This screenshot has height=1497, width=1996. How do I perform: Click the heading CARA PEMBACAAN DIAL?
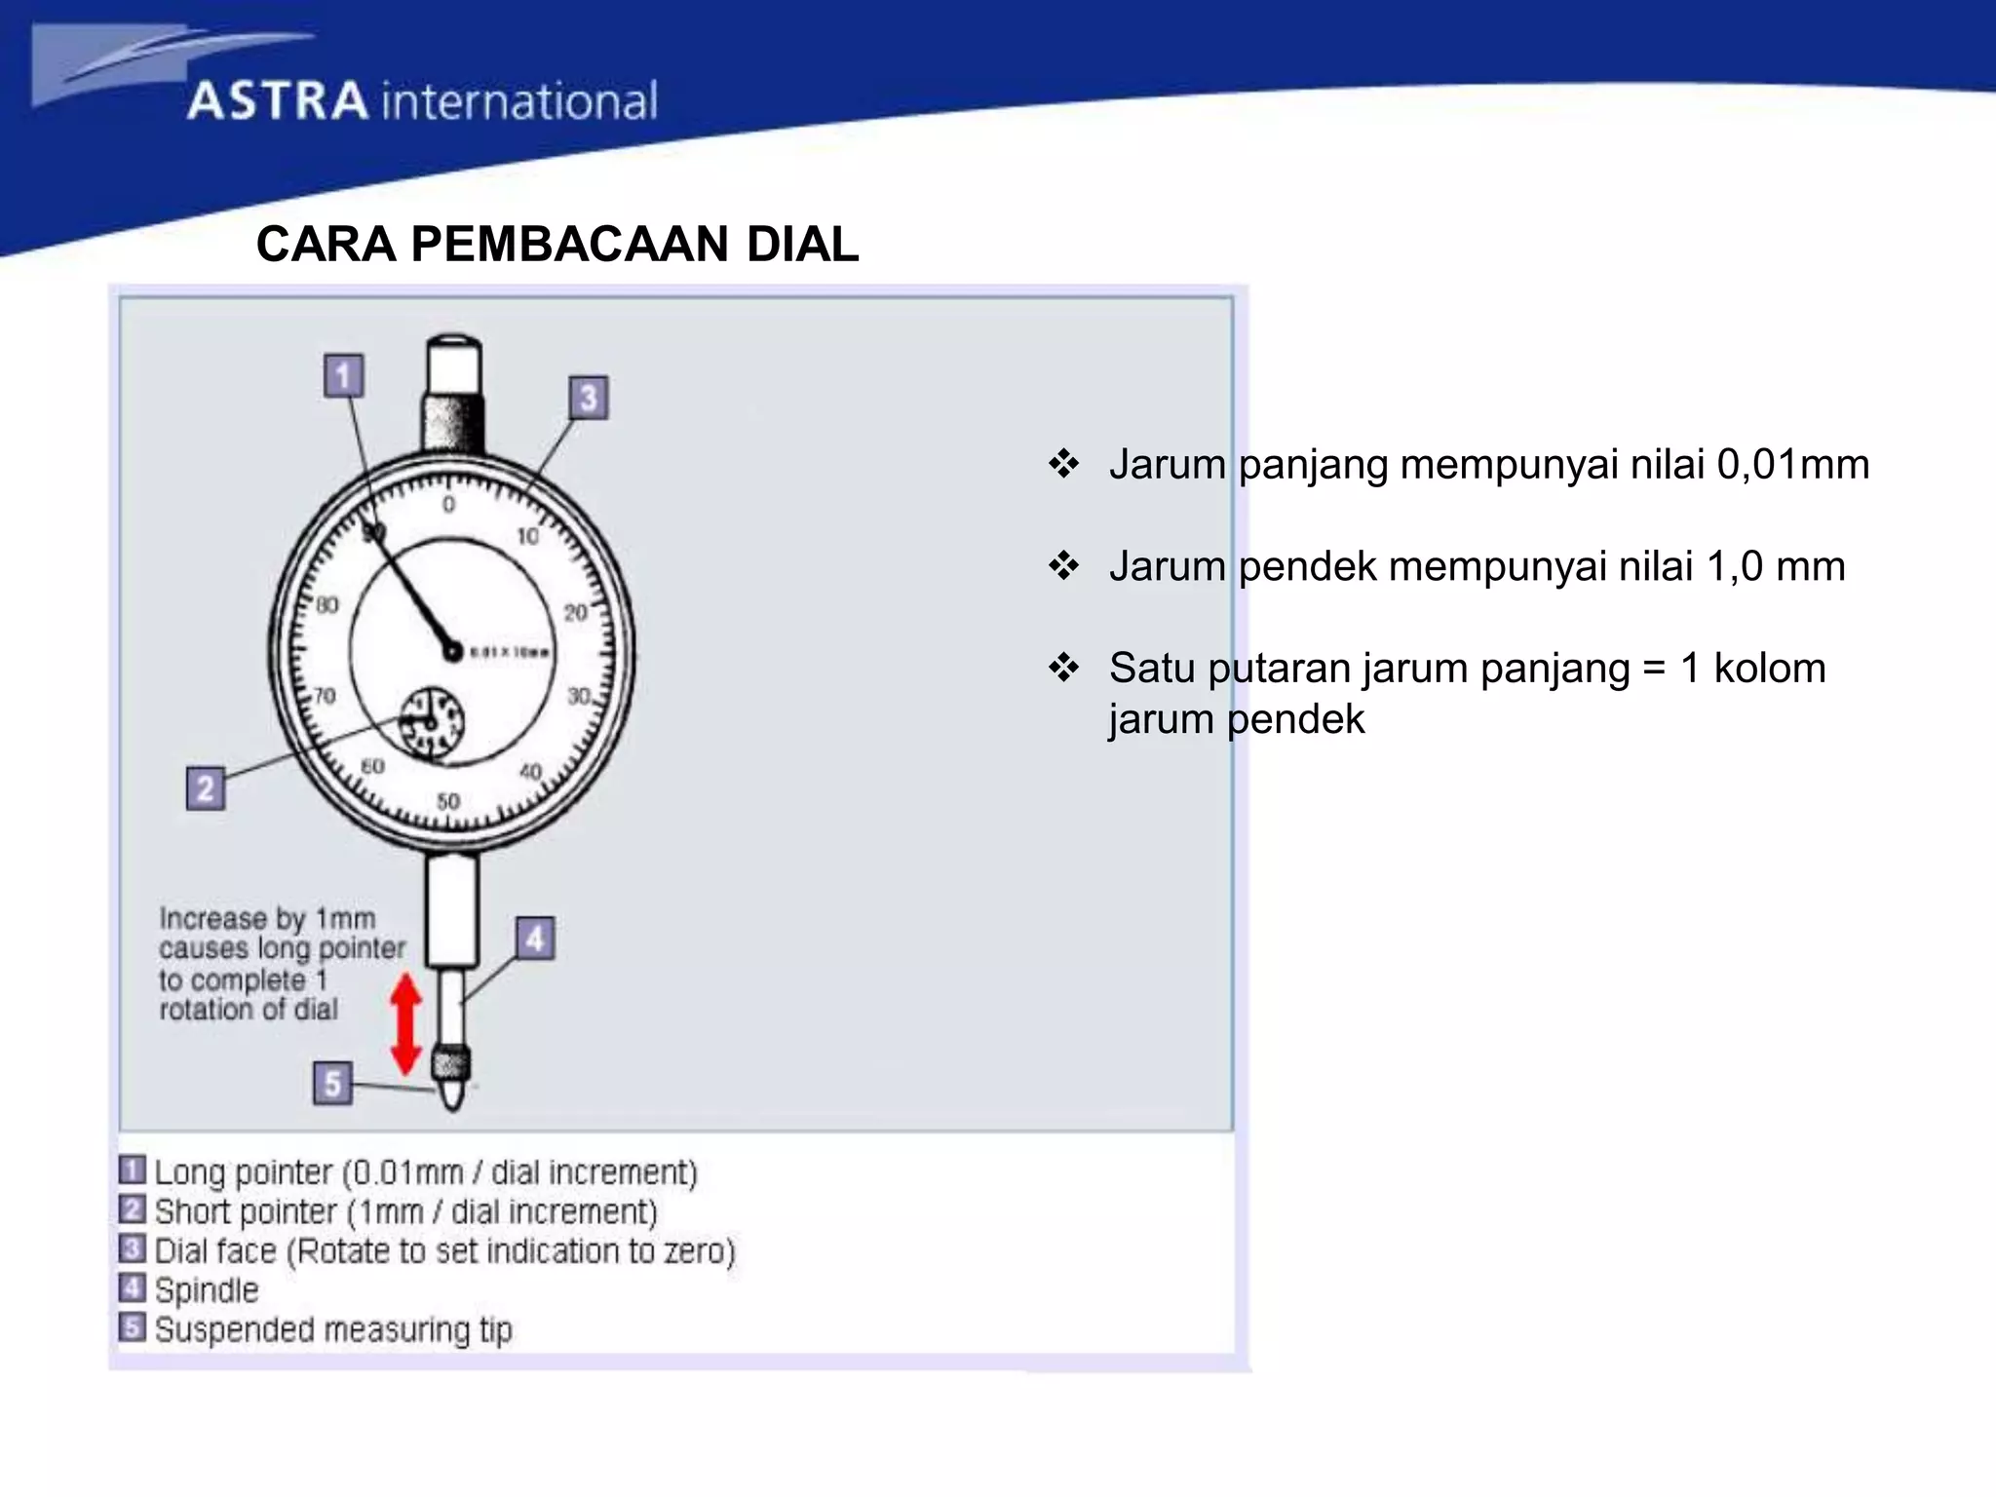click(x=557, y=245)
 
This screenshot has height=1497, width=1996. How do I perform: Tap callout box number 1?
click(x=343, y=376)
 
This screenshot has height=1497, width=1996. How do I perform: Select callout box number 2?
click(x=206, y=788)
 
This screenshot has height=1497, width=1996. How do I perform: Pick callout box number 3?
click(x=588, y=399)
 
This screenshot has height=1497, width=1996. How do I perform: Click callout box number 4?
click(x=535, y=940)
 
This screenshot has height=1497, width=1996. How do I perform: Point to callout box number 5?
click(x=332, y=1083)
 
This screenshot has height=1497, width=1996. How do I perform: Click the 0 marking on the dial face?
click(x=448, y=505)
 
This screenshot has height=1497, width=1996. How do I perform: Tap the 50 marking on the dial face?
click(x=447, y=801)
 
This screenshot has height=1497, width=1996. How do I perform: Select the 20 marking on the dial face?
click(x=575, y=612)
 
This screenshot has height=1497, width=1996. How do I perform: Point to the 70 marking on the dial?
click(x=324, y=696)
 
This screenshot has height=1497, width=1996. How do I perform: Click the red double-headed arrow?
click(x=405, y=1025)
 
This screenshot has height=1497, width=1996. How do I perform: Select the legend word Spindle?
click(x=207, y=1290)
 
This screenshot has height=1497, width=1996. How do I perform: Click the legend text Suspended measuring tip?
click(x=332, y=1329)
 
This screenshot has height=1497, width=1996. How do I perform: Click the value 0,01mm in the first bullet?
click(x=1792, y=465)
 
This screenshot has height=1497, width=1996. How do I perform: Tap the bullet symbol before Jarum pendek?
click(x=1063, y=566)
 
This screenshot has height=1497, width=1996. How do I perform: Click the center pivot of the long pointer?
click(x=451, y=650)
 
